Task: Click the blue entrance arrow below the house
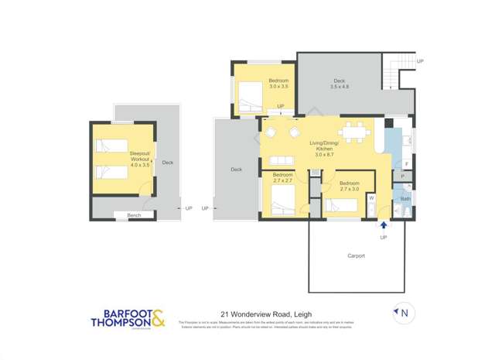384,225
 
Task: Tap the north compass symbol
403,314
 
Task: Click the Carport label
356,255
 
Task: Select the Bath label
405,199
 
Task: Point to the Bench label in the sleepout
134,214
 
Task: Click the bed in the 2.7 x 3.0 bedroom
340,205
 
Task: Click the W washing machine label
371,198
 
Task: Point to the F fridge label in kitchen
406,164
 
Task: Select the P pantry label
403,177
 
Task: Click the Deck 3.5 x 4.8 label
339,84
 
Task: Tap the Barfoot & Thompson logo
128,319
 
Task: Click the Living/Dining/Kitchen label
325,148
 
